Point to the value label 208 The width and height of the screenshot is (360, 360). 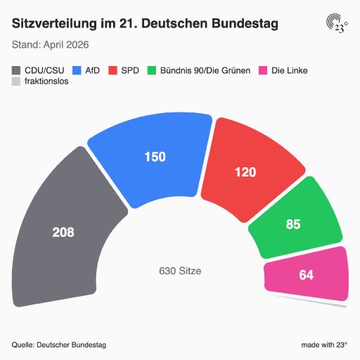63,232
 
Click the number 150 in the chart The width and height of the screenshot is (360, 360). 155,157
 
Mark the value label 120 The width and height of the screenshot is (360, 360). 245,172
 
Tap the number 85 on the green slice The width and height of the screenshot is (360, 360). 293,224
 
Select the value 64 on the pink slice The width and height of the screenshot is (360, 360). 307,275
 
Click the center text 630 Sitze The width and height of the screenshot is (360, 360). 180,271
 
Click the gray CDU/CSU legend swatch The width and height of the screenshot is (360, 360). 16,70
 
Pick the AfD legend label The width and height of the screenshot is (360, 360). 92,70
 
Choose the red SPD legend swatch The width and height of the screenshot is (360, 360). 112,70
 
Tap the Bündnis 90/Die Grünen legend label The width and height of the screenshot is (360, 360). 205,70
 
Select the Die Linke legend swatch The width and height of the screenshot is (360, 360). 263,70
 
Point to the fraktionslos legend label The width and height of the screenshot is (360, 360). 46,81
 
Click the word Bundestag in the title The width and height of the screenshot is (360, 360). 245,24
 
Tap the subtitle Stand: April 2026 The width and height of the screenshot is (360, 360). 51,44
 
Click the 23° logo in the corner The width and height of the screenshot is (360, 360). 337,23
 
